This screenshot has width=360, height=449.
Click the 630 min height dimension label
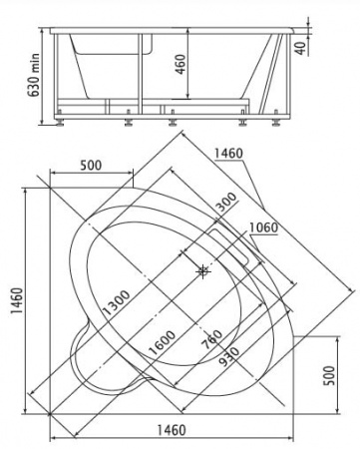pyautogui.click(x=34, y=75)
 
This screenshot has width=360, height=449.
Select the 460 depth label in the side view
pyautogui.click(x=180, y=64)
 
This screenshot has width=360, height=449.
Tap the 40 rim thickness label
pyautogui.click(x=301, y=48)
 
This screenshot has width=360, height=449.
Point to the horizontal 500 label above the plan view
pyautogui.click(x=91, y=165)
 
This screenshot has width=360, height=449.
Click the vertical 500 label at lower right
pyautogui.click(x=329, y=375)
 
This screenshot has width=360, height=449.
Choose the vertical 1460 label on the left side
pyautogui.click(x=17, y=300)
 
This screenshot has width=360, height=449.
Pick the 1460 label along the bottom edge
pyautogui.click(x=172, y=430)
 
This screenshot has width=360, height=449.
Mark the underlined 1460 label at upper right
pyautogui.click(x=228, y=154)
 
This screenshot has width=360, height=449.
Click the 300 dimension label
pyautogui.click(x=227, y=203)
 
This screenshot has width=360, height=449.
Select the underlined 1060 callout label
pyautogui.click(x=263, y=227)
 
